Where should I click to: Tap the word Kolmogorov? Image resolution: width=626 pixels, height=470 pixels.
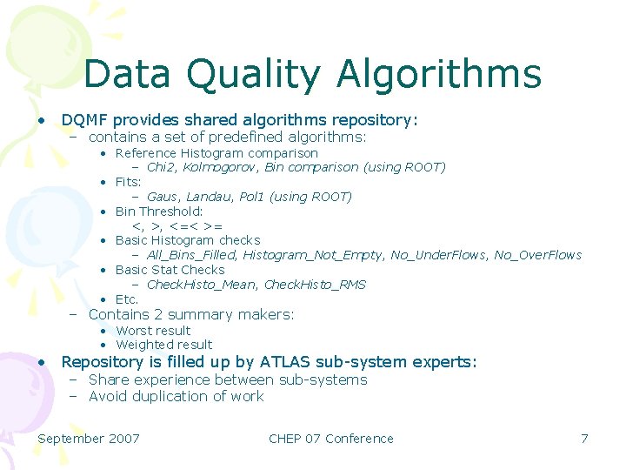pyautogui.click(x=221, y=167)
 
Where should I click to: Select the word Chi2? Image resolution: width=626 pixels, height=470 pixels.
pyautogui.click(x=161, y=167)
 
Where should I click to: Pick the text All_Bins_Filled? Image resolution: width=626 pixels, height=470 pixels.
pyautogui.click(x=190, y=255)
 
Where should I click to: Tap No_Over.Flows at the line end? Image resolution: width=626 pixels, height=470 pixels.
pyautogui.click(x=538, y=255)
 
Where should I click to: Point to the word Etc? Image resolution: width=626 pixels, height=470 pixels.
pyautogui.click(x=127, y=299)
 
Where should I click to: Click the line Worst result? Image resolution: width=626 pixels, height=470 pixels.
pyautogui.click(x=153, y=331)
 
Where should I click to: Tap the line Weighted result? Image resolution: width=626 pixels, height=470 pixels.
pyautogui.click(x=163, y=345)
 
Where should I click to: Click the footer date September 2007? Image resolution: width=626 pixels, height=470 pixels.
pyautogui.click(x=89, y=439)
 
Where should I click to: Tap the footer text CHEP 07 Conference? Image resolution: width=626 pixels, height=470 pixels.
pyautogui.click(x=331, y=439)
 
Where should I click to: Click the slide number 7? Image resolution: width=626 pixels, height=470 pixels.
pyautogui.click(x=584, y=439)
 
